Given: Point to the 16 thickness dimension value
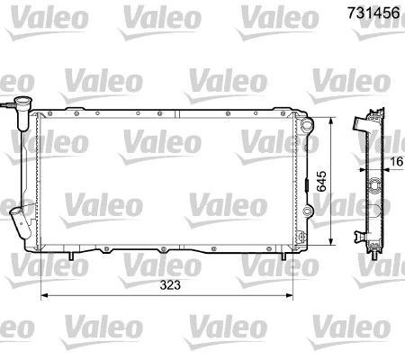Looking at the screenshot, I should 397,164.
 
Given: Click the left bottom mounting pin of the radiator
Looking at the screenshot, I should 71,258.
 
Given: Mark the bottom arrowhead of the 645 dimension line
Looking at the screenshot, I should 334,242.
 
